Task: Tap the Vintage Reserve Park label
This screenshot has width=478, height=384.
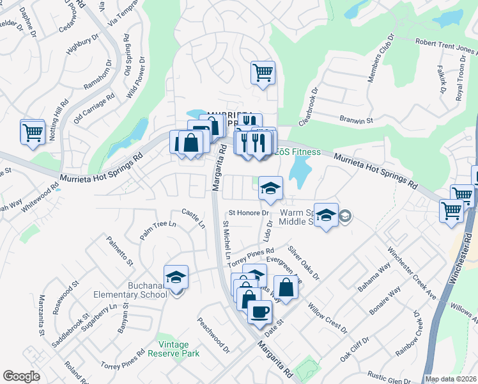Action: [174, 349]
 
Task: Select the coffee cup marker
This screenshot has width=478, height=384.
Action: [259, 313]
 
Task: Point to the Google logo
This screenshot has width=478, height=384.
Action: [20, 376]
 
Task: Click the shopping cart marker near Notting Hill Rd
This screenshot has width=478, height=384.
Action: [33, 133]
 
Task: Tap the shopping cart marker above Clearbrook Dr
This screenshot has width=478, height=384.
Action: [263, 72]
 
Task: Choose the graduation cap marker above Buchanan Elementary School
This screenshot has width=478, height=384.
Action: [176, 277]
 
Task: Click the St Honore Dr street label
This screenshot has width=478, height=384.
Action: [247, 212]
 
